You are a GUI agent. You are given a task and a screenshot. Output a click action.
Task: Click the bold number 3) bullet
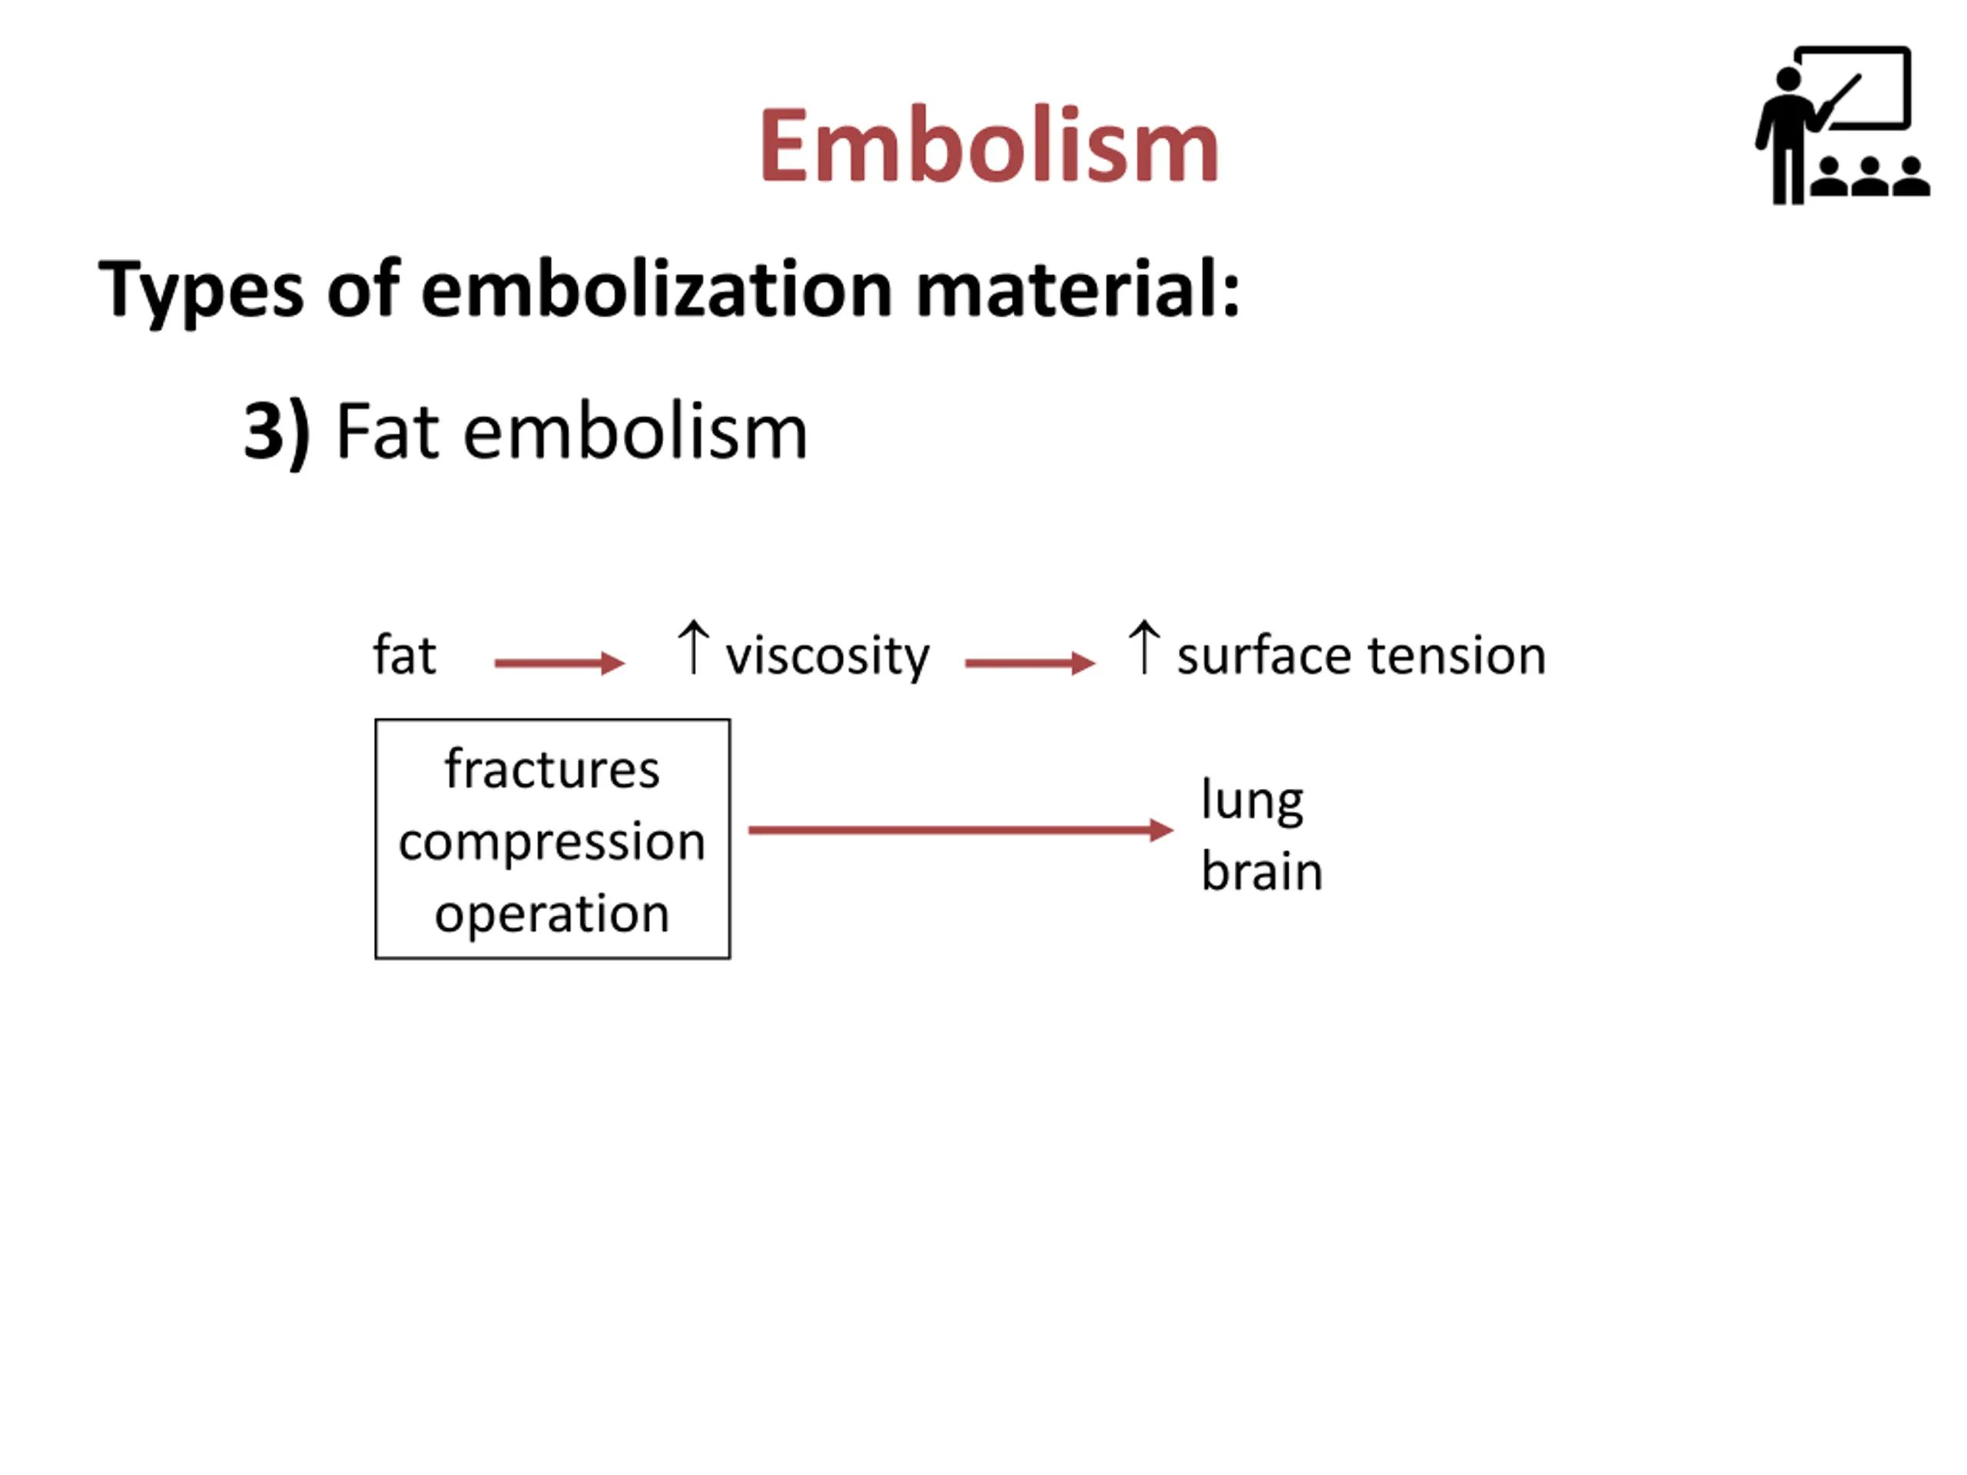(277, 432)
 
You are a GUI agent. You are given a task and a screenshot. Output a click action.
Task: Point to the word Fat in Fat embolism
(388, 432)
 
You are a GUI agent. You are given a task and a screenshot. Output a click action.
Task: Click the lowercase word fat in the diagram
(403, 655)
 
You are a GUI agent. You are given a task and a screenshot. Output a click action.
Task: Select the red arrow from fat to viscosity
(559, 662)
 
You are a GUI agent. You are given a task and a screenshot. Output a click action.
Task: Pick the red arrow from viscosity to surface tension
(1030, 662)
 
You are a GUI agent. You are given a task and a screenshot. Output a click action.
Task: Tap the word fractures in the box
(552, 768)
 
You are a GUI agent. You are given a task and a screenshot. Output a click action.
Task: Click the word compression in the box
(552, 842)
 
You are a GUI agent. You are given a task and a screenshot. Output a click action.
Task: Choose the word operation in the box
(552, 914)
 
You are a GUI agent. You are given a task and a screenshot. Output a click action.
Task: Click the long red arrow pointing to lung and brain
(960, 830)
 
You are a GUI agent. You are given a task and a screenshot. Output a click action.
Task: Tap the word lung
(1251, 800)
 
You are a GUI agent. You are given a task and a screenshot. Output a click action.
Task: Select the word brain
(1261, 870)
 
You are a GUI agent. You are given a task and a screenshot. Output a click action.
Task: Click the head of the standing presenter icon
(1788, 79)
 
